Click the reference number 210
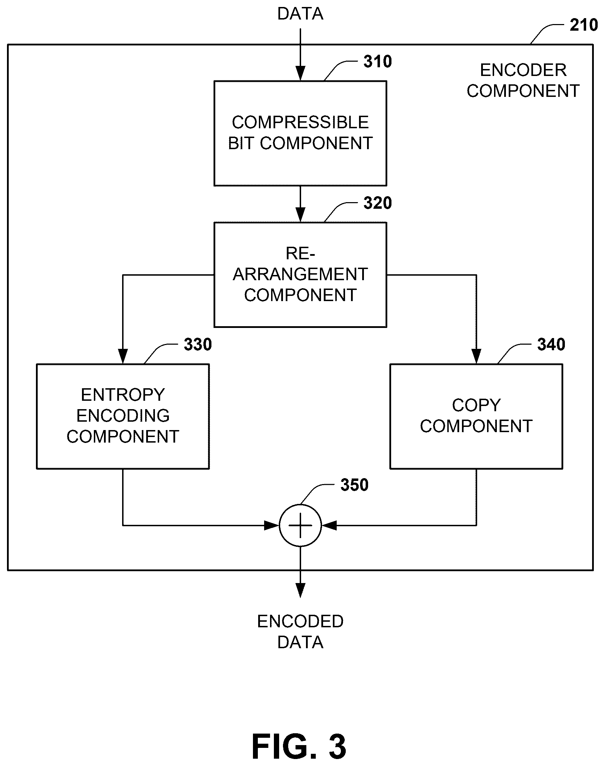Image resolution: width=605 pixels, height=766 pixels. pos(584,25)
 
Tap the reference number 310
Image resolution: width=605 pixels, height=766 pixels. pos(378,62)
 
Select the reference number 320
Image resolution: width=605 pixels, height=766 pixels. pos(378,203)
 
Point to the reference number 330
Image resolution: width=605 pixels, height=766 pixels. pos(197,344)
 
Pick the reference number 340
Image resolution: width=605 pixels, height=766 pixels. pos(551,344)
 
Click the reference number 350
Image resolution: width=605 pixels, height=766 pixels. pos(354,485)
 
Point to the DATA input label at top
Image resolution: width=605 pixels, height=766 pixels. pos(300,14)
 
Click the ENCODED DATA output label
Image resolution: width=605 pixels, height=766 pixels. pos(300,631)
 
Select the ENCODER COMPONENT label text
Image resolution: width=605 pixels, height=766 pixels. pos(523,81)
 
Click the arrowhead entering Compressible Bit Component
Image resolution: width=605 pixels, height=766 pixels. pos(300,74)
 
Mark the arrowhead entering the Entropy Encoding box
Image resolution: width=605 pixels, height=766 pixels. pos(123,356)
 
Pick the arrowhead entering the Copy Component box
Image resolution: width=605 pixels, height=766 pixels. pos(476,356)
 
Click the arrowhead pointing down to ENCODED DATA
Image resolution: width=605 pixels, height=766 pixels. pos(300,590)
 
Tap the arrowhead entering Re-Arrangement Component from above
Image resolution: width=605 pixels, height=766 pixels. pos(300,215)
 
